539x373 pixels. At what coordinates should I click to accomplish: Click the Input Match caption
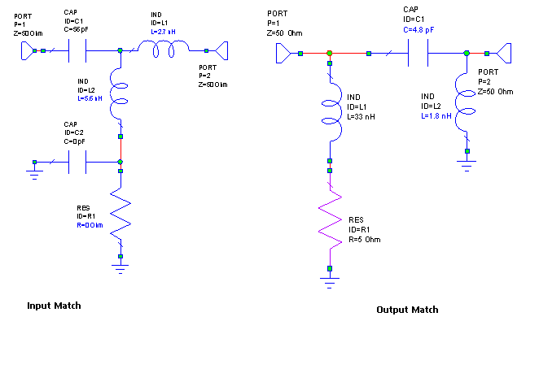(55, 306)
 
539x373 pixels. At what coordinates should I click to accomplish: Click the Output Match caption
(407, 310)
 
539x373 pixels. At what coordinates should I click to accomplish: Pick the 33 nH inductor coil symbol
(331, 118)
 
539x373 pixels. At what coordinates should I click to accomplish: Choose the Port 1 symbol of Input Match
(28, 51)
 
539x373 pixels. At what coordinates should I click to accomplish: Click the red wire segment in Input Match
(121, 148)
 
